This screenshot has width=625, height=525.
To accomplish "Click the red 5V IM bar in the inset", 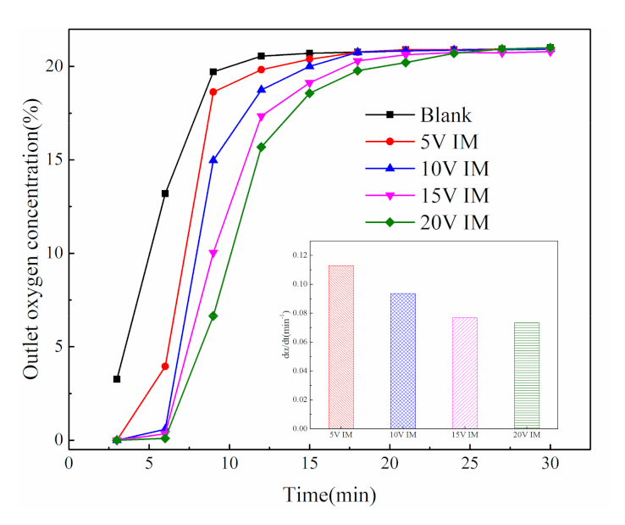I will click(341, 347).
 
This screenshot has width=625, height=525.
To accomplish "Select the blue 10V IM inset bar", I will click(402, 360).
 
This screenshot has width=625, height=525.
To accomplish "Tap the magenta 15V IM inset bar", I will click(465, 372).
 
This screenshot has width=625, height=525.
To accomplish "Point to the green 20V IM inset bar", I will click(526, 375).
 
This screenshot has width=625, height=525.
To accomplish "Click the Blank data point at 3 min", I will click(117, 379).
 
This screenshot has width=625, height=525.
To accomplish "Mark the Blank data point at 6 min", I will click(165, 193).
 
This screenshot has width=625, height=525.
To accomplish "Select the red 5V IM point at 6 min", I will click(165, 366).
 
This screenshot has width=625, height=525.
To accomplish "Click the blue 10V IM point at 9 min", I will click(213, 159).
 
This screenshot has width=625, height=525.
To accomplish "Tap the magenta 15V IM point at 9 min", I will click(213, 254).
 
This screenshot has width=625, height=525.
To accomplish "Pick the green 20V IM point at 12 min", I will click(261, 147).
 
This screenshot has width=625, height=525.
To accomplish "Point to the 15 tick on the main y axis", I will click(53, 159).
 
